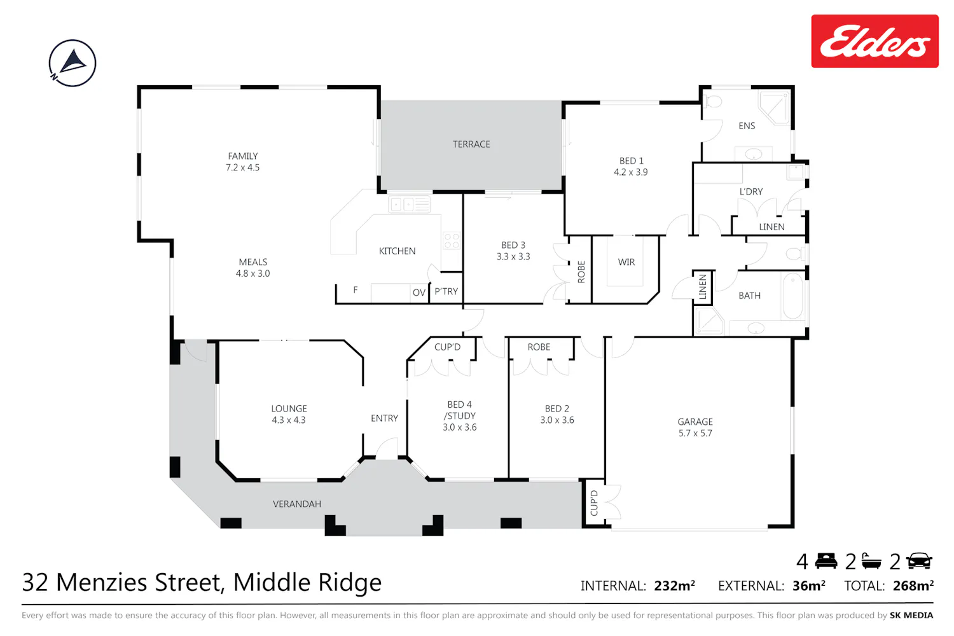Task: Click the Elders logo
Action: tap(874, 41)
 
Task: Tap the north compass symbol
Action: tap(73, 63)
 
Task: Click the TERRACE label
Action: tap(471, 144)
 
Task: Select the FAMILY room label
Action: tap(243, 156)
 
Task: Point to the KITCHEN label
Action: tap(397, 251)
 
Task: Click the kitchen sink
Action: tap(410, 205)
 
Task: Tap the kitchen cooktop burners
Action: tap(452, 240)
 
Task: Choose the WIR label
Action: tap(626, 262)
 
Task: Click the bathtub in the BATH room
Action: tap(792, 296)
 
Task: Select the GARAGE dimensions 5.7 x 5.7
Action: tap(695, 433)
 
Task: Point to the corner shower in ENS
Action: tap(775, 108)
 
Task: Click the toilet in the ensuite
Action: tap(713, 101)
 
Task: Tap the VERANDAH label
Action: tap(297, 504)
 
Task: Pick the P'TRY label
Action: tap(446, 291)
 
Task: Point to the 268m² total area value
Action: tap(913, 586)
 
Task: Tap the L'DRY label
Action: tap(751, 191)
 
